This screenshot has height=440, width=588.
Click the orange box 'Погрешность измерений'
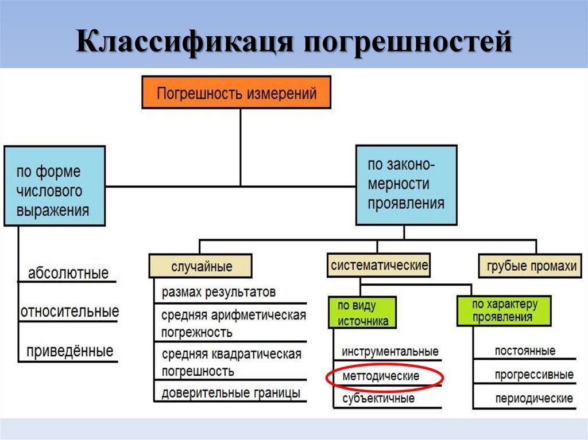236,92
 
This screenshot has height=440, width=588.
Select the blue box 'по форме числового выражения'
54,185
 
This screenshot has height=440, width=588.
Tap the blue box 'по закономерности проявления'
406,185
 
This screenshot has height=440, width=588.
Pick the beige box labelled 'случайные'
200,267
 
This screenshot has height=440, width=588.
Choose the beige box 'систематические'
379,266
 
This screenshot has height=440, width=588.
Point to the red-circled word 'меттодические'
381,376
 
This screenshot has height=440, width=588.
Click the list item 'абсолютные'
68,273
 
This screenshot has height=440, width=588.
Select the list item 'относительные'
69,311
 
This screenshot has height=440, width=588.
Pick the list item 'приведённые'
69,351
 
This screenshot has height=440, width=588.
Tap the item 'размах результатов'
218,292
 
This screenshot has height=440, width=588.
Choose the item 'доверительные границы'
230,393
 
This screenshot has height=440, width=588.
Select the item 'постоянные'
525,351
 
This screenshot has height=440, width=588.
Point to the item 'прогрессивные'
533,375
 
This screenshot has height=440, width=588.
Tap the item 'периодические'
533,398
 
